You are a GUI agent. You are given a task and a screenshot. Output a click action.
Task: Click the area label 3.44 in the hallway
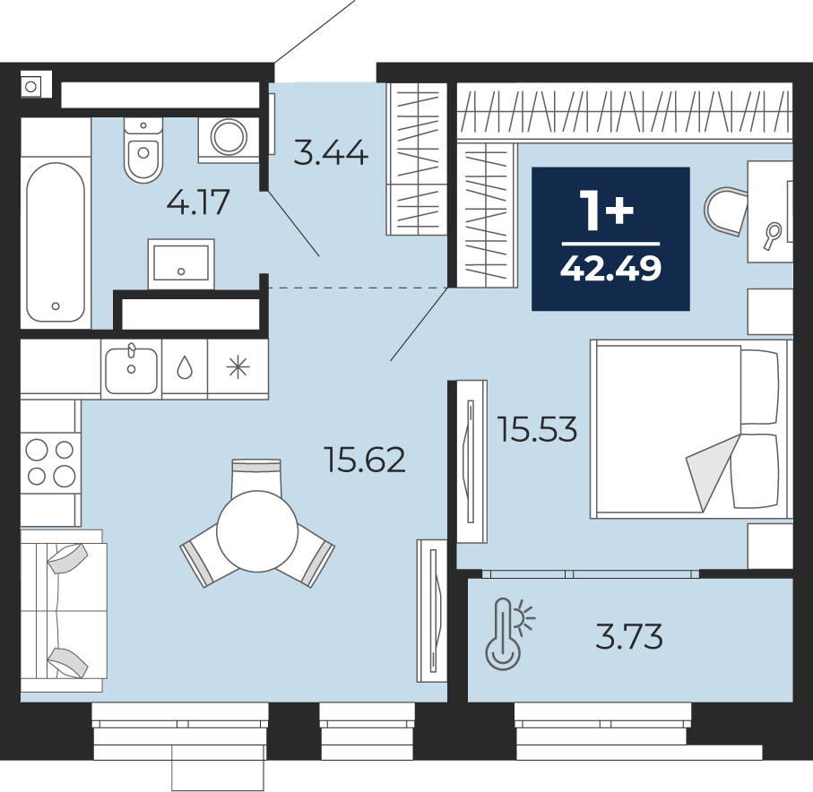pyautogui.click(x=331, y=153)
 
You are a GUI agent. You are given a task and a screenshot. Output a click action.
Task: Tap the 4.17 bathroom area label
pyautogui.click(x=198, y=202)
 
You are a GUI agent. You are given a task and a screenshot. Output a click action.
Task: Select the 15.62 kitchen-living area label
pyautogui.click(x=365, y=460)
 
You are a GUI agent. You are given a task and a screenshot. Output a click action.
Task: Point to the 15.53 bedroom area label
pyautogui.click(x=537, y=429)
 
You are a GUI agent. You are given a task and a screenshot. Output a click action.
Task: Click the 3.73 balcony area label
pyautogui.click(x=629, y=636)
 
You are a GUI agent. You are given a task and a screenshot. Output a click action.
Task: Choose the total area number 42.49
pyautogui.click(x=610, y=269)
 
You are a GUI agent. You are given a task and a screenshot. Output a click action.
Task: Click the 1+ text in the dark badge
pyautogui.click(x=608, y=210)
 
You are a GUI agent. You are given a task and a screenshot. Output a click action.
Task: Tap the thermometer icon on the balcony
pyautogui.click(x=509, y=634)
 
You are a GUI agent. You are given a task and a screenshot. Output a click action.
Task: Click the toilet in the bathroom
pyautogui.click(x=143, y=150)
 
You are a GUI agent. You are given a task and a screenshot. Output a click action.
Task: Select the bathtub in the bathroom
pyautogui.click(x=56, y=242)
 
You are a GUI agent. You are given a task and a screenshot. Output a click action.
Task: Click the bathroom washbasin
pyautogui.click(x=181, y=263)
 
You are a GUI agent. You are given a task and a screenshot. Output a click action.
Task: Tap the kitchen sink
pyautogui.click(x=131, y=369)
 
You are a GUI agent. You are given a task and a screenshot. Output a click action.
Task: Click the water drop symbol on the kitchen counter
pyautogui.click(x=185, y=368)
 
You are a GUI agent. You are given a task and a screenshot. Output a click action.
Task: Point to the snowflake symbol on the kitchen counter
pyautogui.click(x=238, y=368)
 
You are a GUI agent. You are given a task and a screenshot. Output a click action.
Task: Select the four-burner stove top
pyautogui.click(x=51, y=463)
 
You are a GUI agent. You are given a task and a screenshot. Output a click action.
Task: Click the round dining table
pyautogui.click(x=257, y=531)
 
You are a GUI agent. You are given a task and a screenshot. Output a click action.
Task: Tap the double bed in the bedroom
pyautogui.click(x=689, y=429)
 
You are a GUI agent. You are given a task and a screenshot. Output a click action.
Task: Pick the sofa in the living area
pyautogui.click(x=64, y=611)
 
